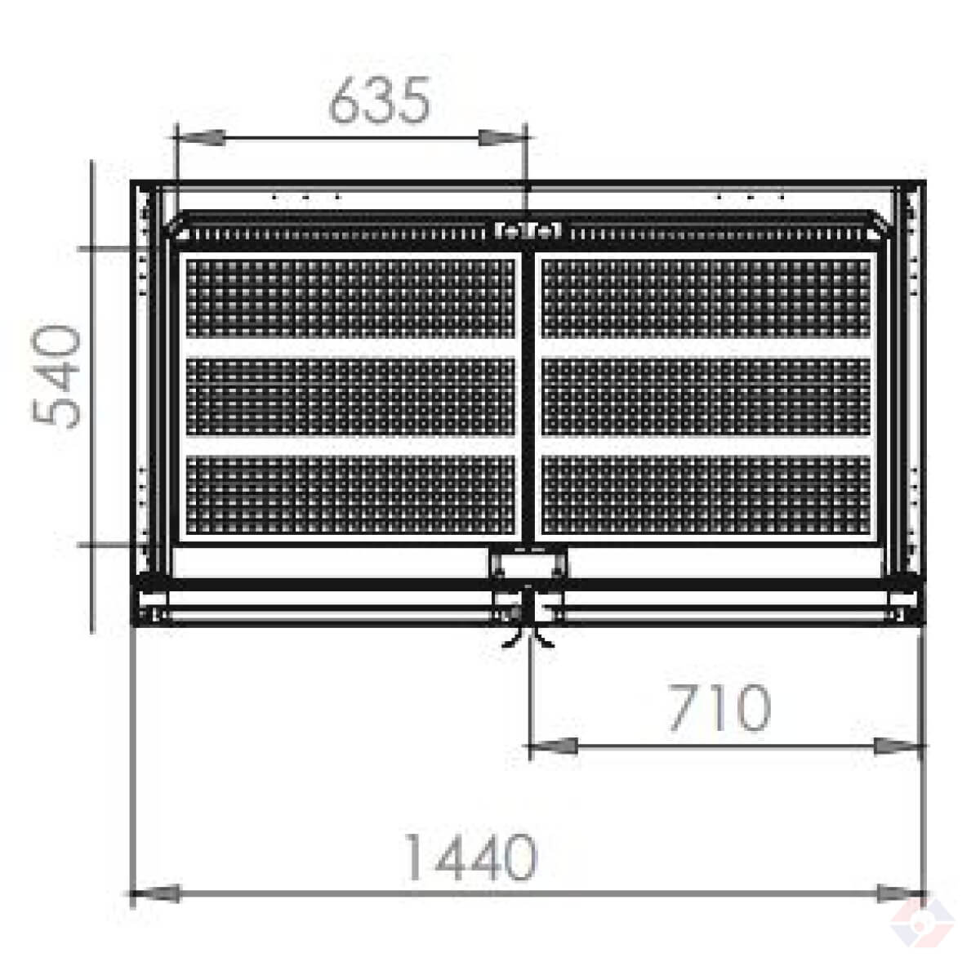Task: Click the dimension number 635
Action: (380, 100)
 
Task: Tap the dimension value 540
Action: (56, 376)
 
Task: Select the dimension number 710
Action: (719, 707)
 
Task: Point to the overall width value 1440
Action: (471, 857)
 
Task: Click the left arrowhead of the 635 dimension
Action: (200, 137)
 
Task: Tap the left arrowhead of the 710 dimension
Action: (554, 746)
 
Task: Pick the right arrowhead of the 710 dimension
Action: (898, 746)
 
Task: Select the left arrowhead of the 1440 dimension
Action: (156, 893)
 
